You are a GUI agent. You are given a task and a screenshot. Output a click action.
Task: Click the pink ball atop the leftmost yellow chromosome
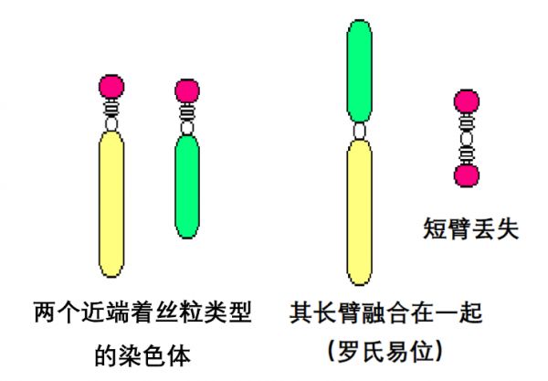(x=111, y=87)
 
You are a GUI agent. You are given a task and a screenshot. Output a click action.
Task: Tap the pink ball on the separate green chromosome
(x=187, y=90)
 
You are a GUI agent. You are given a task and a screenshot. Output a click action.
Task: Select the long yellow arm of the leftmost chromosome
(x=111, y=204)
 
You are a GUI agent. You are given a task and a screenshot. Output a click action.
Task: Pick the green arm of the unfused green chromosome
(x=187, y=187)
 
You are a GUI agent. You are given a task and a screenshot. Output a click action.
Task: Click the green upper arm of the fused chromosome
(x=360, y=71)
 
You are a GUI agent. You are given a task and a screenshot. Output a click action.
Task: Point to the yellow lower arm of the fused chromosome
(x=360, y=213)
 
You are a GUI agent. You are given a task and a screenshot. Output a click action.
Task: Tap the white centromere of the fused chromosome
(x=360, y=132)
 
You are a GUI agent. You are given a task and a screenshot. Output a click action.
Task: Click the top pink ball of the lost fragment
(x=467, y=101)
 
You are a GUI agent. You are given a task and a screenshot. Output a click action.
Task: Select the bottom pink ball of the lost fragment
(x=467, y=175)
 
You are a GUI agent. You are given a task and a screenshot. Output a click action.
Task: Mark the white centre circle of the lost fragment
(x=467, y=138)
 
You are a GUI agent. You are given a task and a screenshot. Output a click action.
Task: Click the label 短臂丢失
(x=470, y=228)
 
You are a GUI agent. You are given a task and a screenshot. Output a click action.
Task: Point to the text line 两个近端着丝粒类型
(x=143, y=312)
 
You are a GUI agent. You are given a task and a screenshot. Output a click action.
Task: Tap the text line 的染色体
(x=143, y=355)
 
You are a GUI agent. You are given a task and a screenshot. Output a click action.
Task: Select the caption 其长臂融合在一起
(x=385, y=312)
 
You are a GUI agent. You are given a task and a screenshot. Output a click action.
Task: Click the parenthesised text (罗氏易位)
(x=385, y=351)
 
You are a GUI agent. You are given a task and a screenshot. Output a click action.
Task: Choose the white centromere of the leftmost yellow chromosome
(x=111, y=124)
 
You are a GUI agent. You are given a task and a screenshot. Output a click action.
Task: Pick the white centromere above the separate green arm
(x=187, y=128)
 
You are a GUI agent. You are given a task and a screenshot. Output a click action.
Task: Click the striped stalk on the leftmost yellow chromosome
(x=111, y=109)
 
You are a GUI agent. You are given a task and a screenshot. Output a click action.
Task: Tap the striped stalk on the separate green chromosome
(x=187, y=112)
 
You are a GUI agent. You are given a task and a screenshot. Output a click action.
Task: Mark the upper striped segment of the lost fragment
(x=467, y=122)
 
